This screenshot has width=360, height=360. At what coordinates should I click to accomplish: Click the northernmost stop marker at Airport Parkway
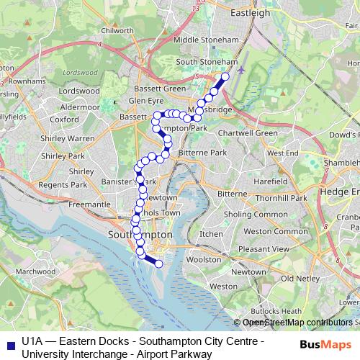coord(225,76)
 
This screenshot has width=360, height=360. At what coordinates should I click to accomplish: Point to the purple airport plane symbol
coord(240,71)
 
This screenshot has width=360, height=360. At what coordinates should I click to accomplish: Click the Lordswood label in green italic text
coord(80,73)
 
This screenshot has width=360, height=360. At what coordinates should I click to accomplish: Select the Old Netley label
coord(300,278)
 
